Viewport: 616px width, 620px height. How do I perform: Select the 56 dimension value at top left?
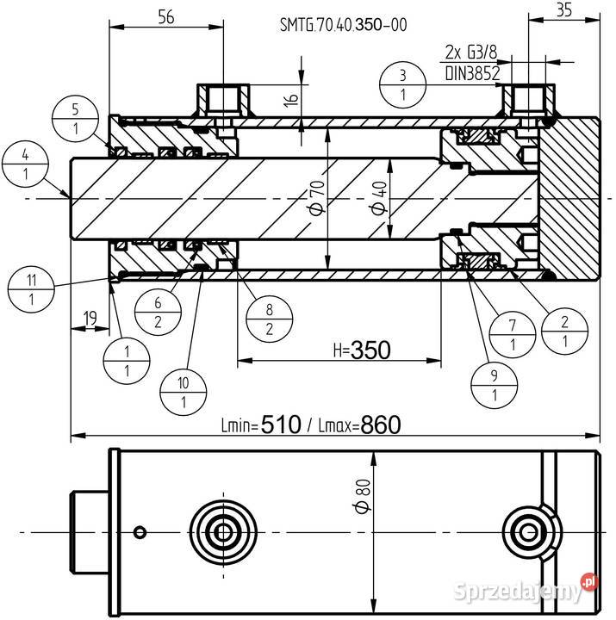[166, 15]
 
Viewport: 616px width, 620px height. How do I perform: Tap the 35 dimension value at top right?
[564, 10]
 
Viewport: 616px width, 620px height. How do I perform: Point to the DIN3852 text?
[472, 74]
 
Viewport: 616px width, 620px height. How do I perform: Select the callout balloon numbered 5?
[76, 120]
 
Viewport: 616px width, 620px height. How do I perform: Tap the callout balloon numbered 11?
[31, 290]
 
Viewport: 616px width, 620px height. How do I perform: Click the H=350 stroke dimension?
[362, 350]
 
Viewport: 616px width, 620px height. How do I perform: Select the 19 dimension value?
[89, 318]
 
